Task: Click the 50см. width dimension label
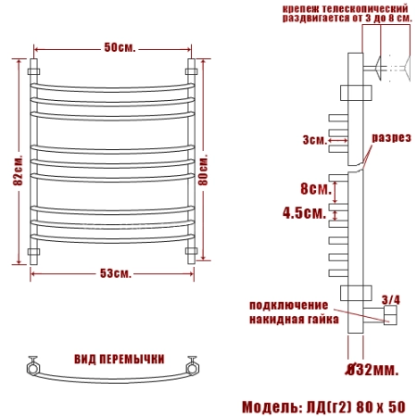click(120, 47)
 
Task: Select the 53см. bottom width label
click(116, 273)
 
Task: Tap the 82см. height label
click(19, 170)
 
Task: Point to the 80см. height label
click(203, 169)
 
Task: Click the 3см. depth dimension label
click(315, 140)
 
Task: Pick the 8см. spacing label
click(316, 188)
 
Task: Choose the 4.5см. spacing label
click(305, 212)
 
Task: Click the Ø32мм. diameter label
click(372, 369)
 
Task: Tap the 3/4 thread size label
click(391, 299)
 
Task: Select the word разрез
click(391, 138)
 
